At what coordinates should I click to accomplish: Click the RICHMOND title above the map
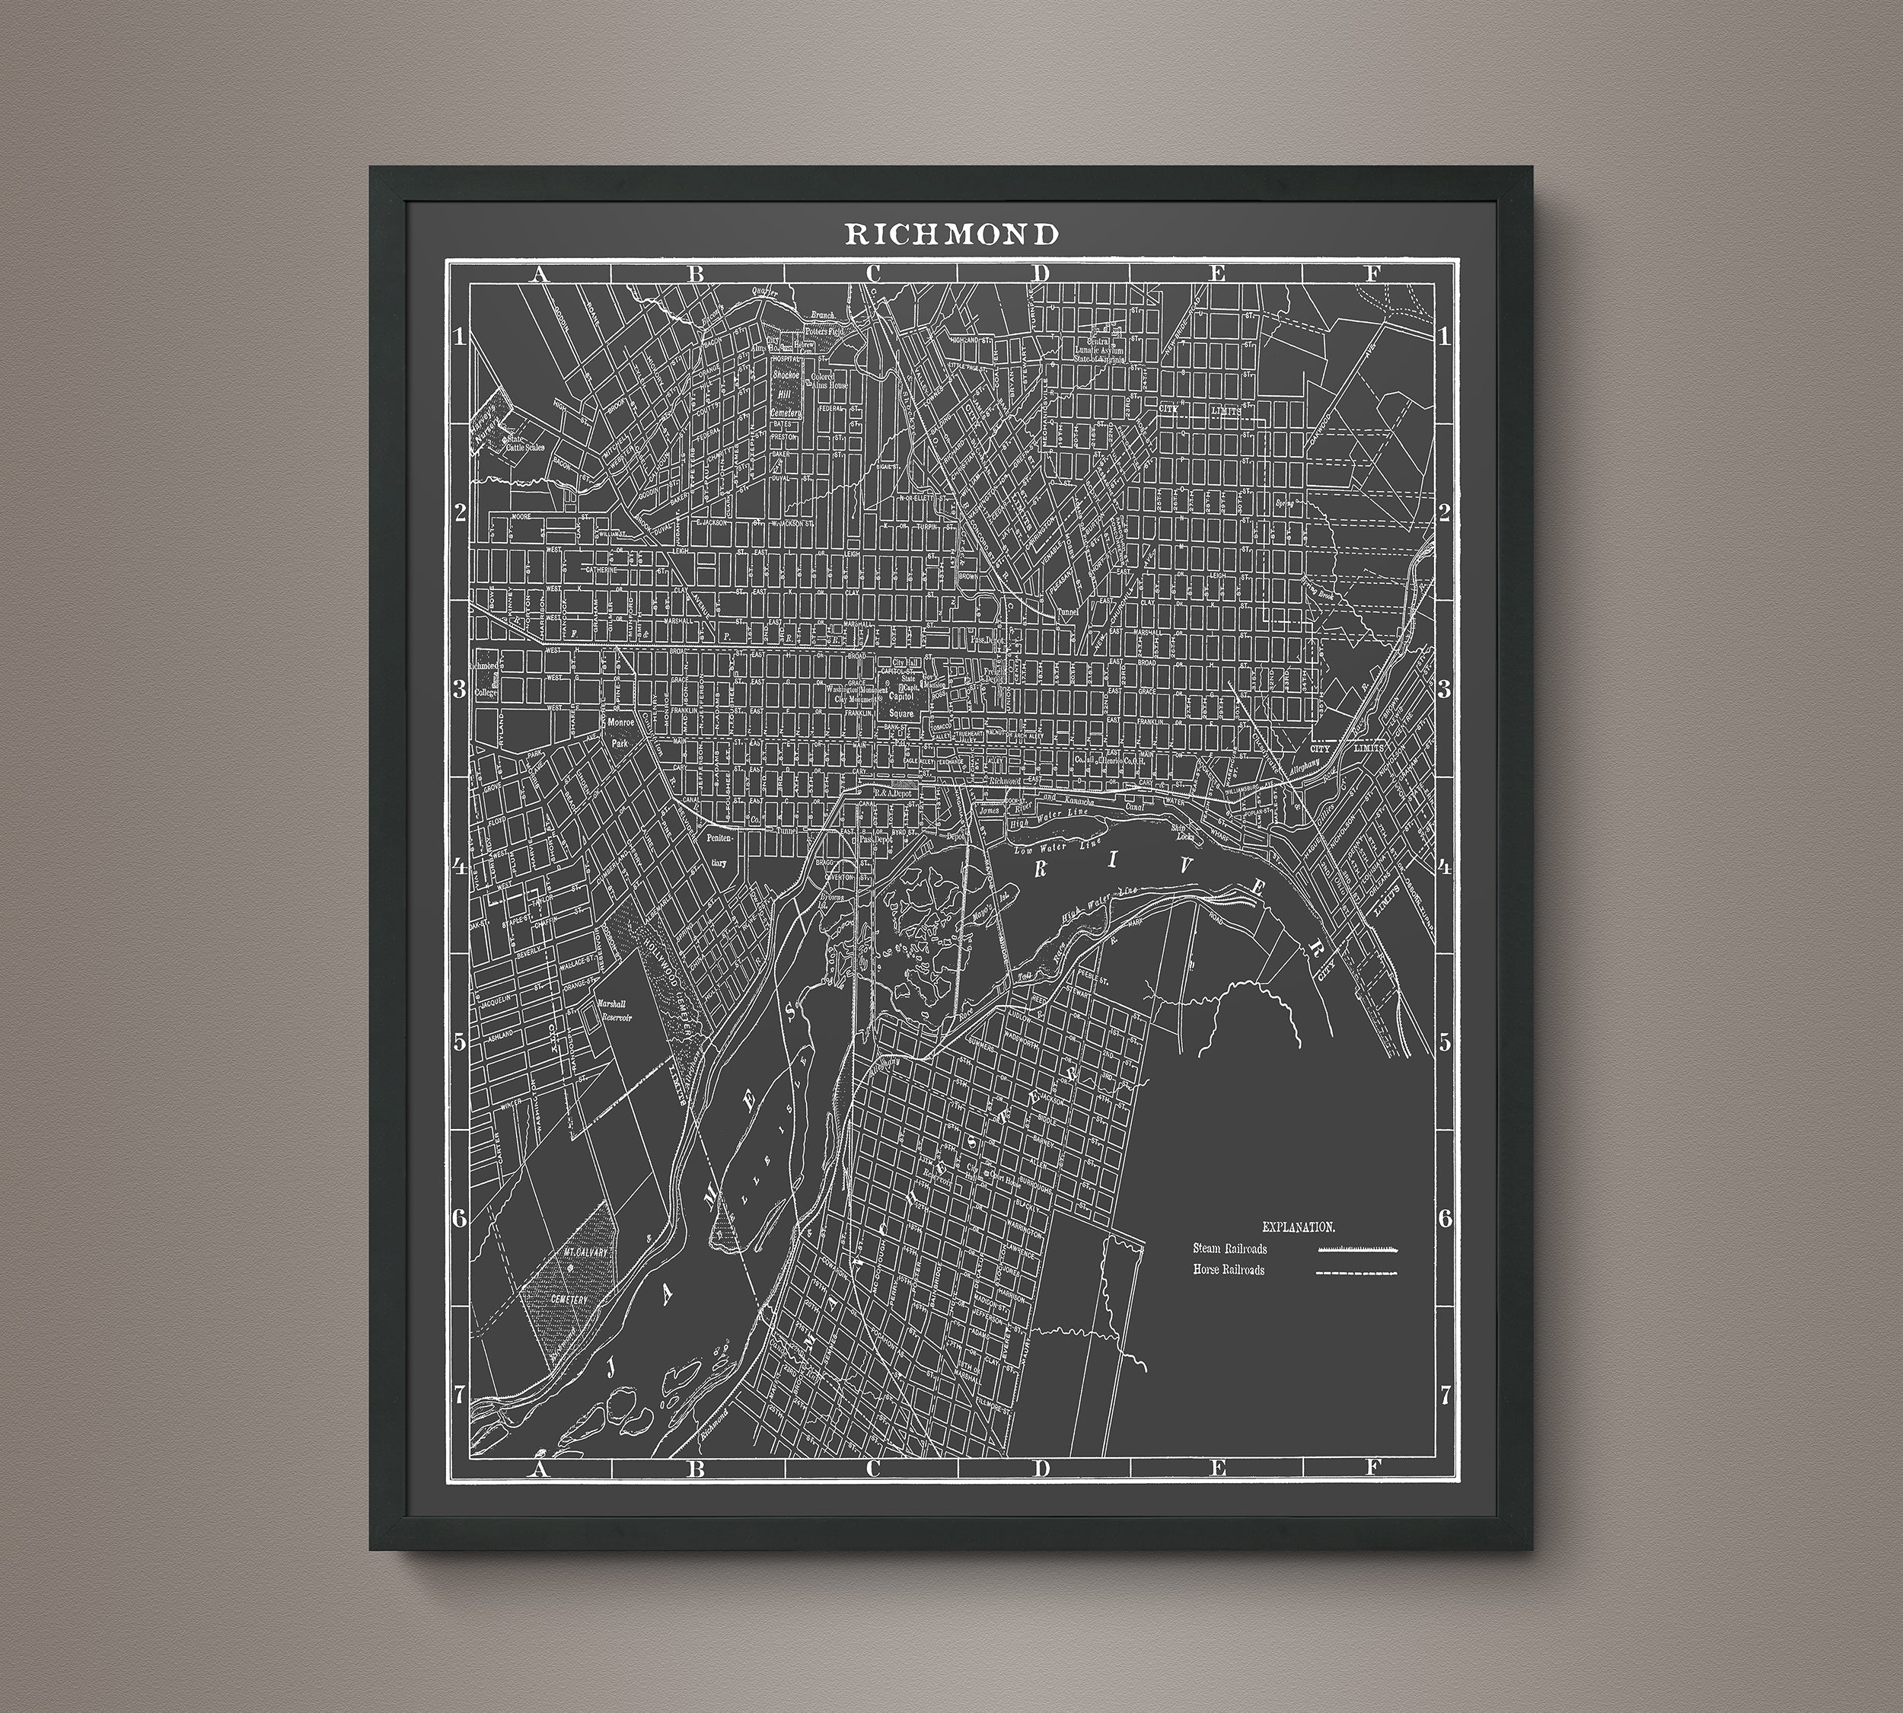[x=951, y=234]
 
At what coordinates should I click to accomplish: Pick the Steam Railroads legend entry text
[x=1229, y=1249]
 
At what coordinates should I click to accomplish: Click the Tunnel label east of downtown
[x=1067, y=611]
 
